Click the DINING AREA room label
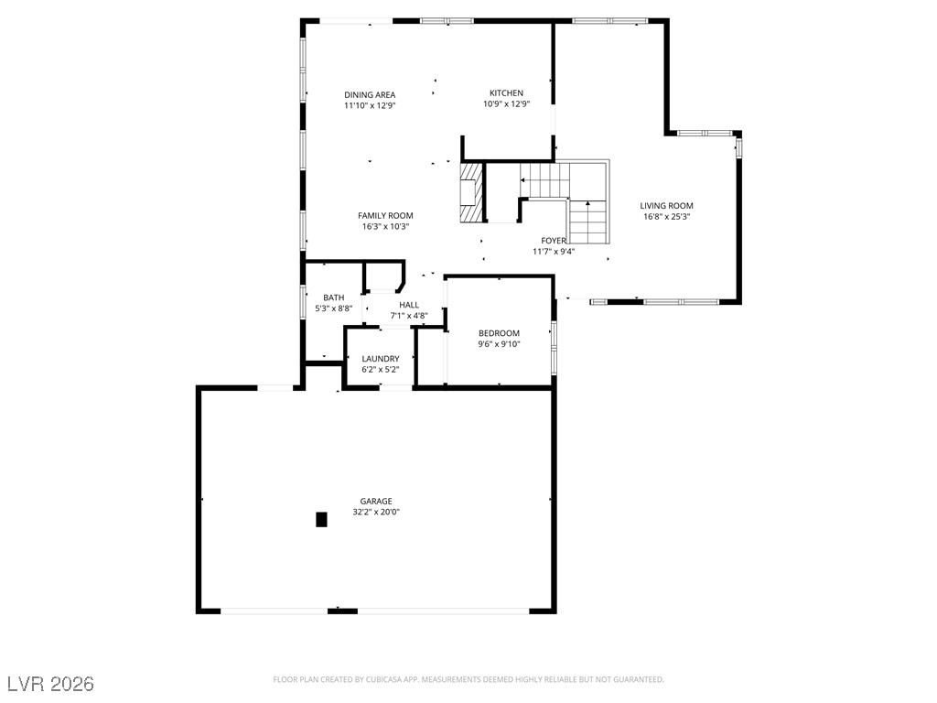pyautogui.click(x=370, y=94)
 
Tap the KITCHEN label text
pyautogui.click(x=506, y=92)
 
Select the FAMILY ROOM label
pyautogui.click(x=385, y=216)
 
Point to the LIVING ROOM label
pyautogui.click(x=666, y=206)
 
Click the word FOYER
pyautogui.click(x=554, y=241)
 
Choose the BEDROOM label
pyautogui.click(x=499, y=333)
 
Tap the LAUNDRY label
pyautogui.click(x=380, y=359)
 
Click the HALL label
pyautogui.click(x=409, y=305)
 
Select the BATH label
pyautogui.click(x=333, y=297)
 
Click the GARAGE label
pyautogui.click(x=376, y=501)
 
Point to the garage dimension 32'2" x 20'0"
pyautogui.click(x=376, y=513)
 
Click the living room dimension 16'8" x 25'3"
pyautogui.click(x=666, y=217)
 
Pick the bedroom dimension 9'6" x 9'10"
pyautogui.click(x=499, y=344)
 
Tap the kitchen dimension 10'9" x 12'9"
pyautogui.click(x=507, y=104)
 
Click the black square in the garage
pyautogui.click(x=321, y=520)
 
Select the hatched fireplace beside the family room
pyautogui.click(x=470, y=192)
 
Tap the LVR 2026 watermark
pyautogui.click(x=51, y=684)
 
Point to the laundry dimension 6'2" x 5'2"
pyautogui.click(x=380, y=370)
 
